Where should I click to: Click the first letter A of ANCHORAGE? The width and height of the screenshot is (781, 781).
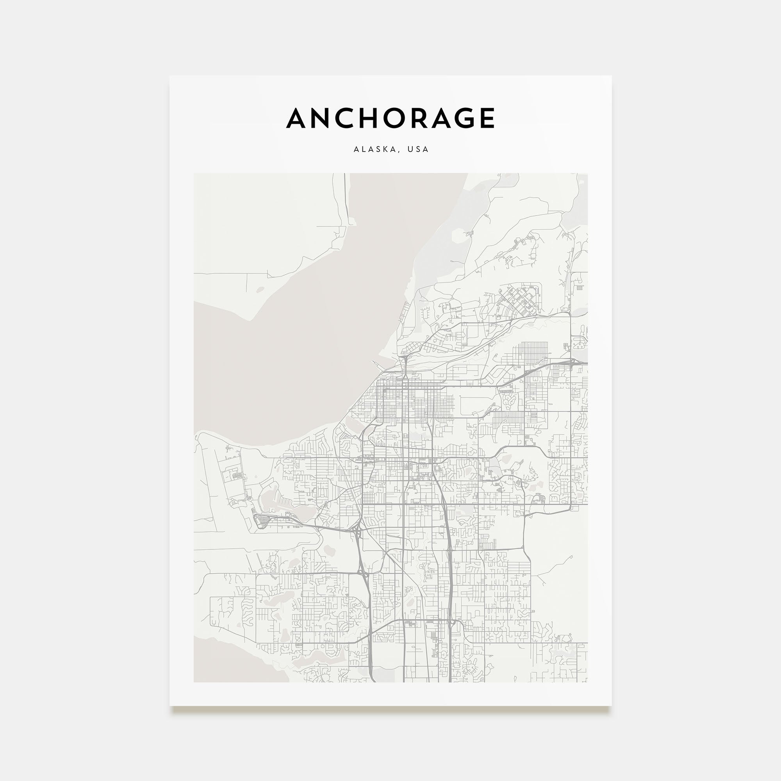pyautogui.click(x=296, y=118)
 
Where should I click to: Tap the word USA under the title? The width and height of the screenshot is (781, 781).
pyautogui.click(x=418, y=149)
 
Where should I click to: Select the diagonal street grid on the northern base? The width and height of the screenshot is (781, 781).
pyautogui.click(x=518, y=300)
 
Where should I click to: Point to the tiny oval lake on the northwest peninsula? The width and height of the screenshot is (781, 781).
pyautogui.click(x=260, y=289)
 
